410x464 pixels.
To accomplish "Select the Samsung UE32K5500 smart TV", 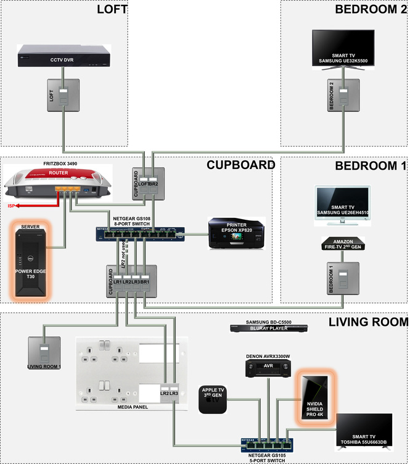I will pyautogui.click(x=343, y=46).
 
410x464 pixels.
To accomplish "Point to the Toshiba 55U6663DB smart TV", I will pyautogui.click(x=364, y=431).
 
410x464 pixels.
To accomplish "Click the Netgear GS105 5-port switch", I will pyautogui.click(x=267, y=444).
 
